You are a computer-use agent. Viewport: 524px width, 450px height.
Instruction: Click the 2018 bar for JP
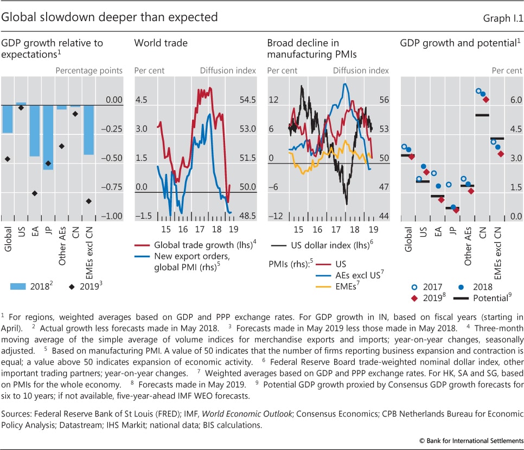coord(49,137)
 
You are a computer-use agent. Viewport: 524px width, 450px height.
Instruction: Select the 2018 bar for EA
coord(35,131)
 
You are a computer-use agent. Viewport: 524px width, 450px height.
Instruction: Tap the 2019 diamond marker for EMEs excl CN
coord(88,201)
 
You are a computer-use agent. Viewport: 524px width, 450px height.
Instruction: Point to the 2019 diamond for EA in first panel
coord(35,193)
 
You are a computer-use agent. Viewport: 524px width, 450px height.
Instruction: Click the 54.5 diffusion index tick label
coord(247,101)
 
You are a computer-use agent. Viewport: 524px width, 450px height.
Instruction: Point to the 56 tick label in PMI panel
coord(384,101)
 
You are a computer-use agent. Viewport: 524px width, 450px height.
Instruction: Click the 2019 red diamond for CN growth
coord(486,99)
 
